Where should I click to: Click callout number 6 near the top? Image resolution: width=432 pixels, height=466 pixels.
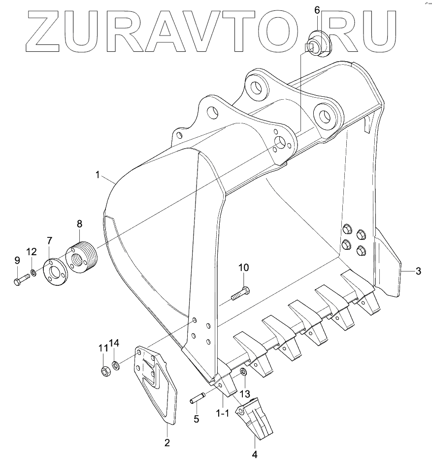[317, 10]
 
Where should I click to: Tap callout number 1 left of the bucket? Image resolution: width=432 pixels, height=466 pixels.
[98, 175]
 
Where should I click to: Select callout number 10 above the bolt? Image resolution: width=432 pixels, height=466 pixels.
[244, 268]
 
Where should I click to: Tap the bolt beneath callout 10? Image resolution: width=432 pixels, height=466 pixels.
[240, 293]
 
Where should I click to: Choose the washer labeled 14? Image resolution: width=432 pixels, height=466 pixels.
[114, 366]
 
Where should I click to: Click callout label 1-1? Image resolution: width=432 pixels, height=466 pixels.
[223, 413]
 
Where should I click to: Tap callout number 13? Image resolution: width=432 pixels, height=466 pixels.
[245, 393]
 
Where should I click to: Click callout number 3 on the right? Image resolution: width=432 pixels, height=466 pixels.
[418, 271]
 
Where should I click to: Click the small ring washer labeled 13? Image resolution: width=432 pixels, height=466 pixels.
[244, 372]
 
